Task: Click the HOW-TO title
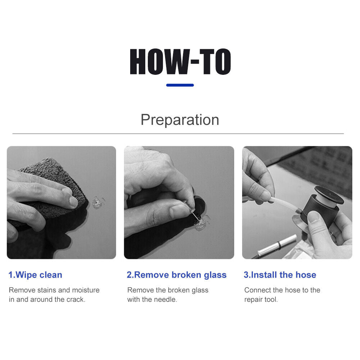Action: point(180,62)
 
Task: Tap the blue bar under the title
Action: point(180,85)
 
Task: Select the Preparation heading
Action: point(180,120)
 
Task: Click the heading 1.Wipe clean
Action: point(35,275)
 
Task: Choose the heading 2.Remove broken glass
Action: point(177,275)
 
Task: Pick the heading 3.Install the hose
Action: point(280,275)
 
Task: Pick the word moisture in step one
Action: point(86,290)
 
